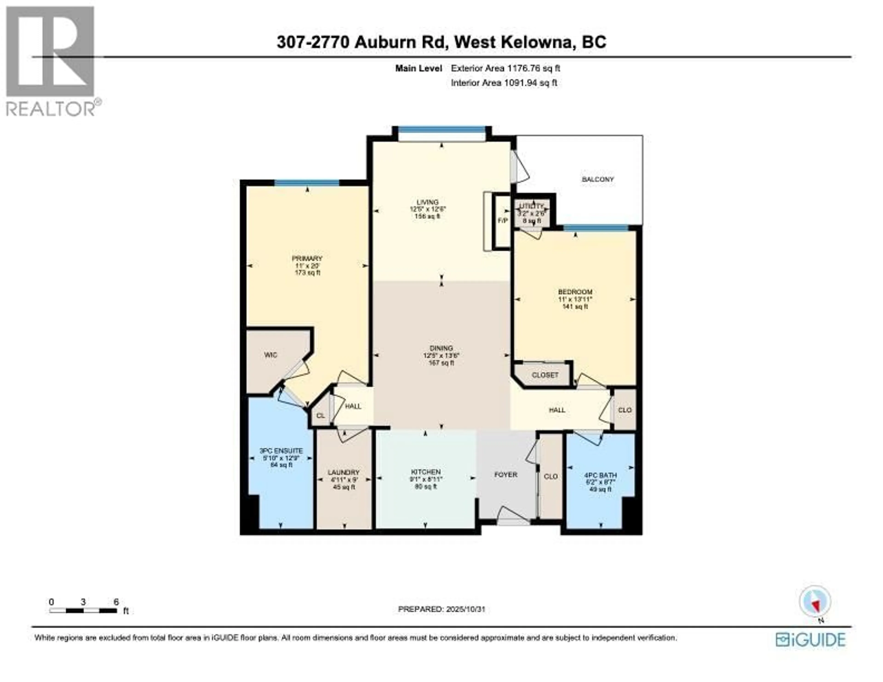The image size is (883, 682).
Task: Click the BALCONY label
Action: tap(598, 179)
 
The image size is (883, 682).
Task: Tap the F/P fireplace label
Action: tap(502, 221)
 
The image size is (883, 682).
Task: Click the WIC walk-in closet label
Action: tap(270, 355)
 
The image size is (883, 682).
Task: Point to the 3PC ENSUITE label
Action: tap(281, 451)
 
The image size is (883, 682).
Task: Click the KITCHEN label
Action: tap(425, 472)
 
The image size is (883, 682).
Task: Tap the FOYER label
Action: tap(505, 475)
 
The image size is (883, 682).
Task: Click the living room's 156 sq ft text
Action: tap(427, 216)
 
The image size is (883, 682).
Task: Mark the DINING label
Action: tap(441, 348)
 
